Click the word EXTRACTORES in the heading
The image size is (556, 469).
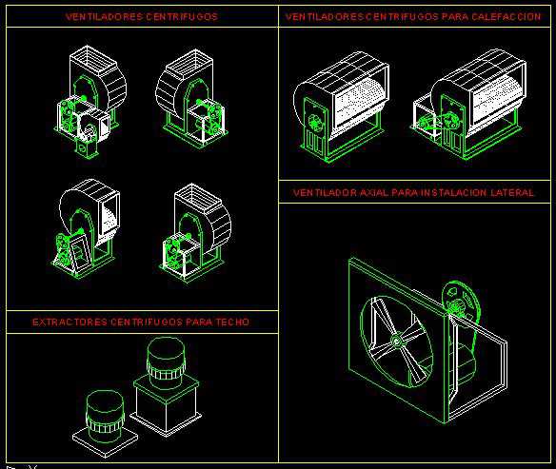tap(69, 322)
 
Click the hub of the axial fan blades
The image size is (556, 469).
tap(396, 341)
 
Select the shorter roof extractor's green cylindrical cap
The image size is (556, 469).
tap(105, 411)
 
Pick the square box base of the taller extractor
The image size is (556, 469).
tap(166, 406)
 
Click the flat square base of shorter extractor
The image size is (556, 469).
tap(106, 440)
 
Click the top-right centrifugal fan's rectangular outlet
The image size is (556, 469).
tap(189, 65)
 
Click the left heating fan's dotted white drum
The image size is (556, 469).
tap(357, 103)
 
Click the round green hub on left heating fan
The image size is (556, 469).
tap(314, 123)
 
